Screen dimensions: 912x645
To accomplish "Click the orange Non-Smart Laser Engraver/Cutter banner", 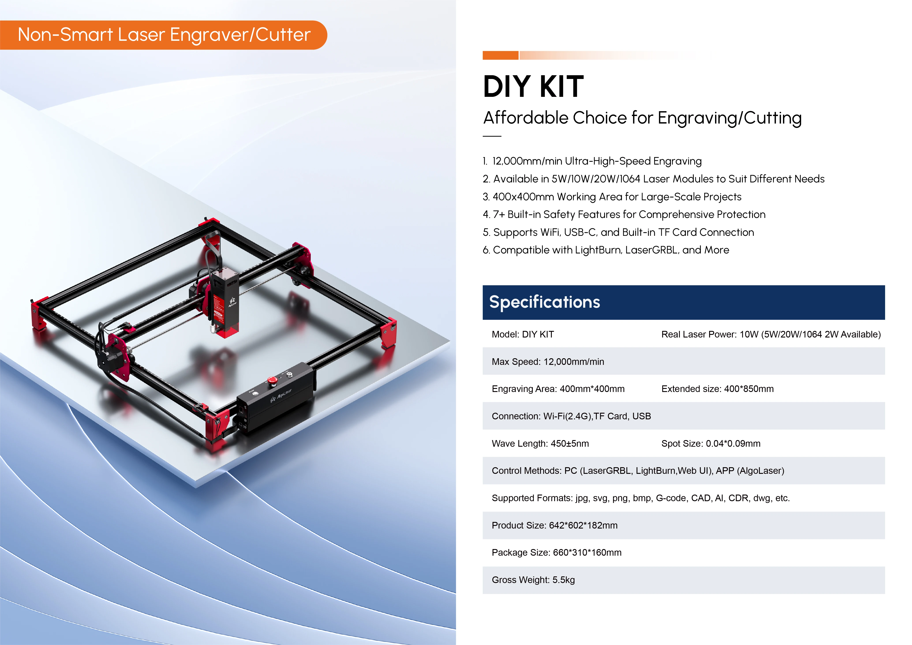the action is [x=164, y=35].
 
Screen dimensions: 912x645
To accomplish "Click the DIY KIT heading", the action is [x=533, y=87].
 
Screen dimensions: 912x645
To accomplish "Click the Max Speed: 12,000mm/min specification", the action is [x=548, y=361].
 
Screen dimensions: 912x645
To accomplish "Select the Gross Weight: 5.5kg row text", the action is [x=533, y=580].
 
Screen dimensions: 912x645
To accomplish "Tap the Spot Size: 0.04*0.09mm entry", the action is [x=711, y=444].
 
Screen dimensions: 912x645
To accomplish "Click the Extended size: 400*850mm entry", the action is [x=717, y=389].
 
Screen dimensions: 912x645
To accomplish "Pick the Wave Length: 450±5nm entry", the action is [x=540, y=444].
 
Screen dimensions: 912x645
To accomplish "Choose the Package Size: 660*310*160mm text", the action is [x=556, y=552].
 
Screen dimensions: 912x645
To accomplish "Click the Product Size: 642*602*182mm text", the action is [x=554, y=525].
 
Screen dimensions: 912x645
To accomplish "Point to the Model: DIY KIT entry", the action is [x=523, y=334].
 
